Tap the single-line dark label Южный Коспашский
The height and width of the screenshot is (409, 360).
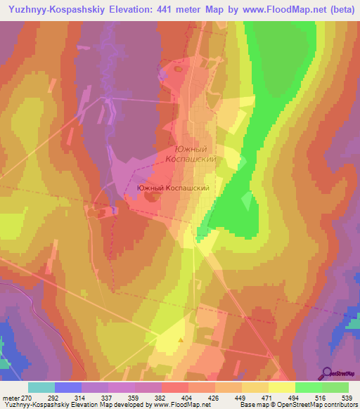[x=173, y=188]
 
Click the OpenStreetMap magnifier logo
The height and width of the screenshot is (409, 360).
[x=340, y=374]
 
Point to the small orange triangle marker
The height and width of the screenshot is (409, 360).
[x=181, y=340]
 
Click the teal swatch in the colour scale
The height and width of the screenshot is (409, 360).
[x=41, y=387]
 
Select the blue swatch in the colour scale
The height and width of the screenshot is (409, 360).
[x=68, y=387]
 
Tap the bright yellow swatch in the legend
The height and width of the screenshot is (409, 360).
[x=281, y=387]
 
